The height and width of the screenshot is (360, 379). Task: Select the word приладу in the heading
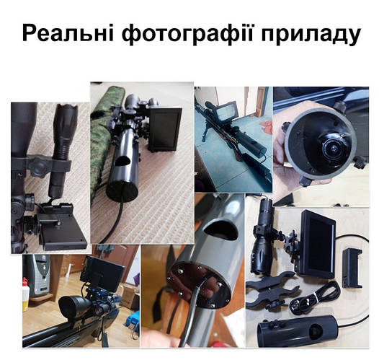(315, 34)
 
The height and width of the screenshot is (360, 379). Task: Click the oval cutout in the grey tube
(218, 229)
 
